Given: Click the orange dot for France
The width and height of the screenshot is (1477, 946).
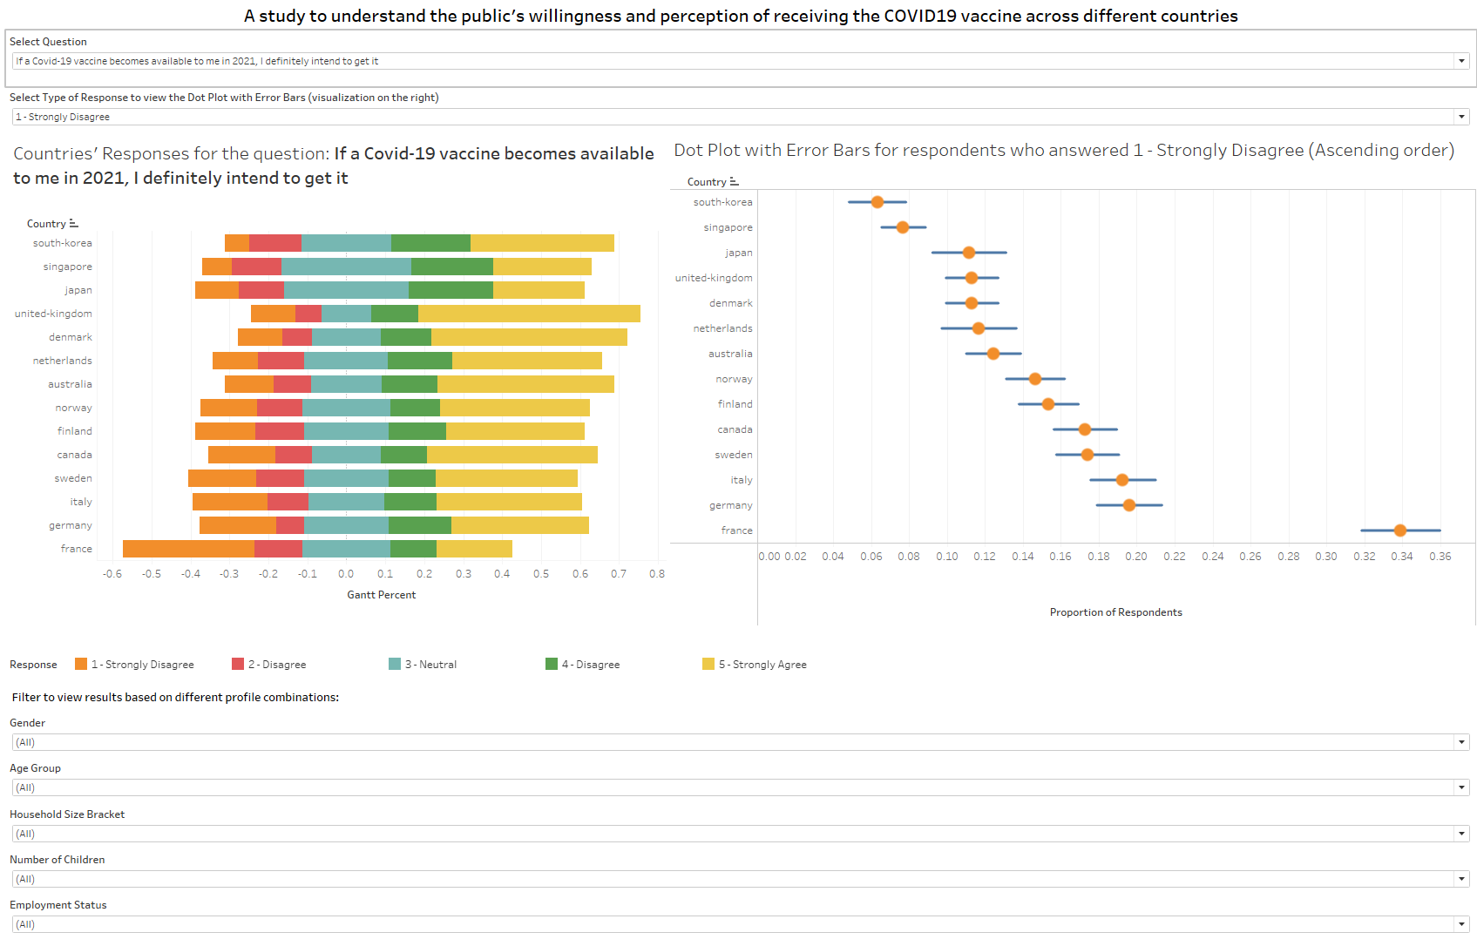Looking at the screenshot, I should tap(1399, 530).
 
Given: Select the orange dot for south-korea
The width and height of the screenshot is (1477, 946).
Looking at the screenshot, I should tap(877, 202).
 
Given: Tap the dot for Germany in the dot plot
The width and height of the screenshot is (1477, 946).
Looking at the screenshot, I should tap(1129, 505).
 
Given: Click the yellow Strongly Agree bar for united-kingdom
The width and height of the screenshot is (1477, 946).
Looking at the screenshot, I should tap(529, 314).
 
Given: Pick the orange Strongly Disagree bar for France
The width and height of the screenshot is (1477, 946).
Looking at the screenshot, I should tap(188, 549).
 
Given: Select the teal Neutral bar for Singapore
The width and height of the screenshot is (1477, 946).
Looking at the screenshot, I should tap(346, 267).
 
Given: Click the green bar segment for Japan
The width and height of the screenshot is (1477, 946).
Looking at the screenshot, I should tap(451, 290).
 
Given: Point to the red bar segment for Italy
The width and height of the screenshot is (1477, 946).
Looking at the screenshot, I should tap(288, 502).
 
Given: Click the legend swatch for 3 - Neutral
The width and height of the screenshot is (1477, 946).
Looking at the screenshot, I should tap(395, 664).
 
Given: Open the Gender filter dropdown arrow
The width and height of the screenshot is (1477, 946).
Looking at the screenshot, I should tap(1461, 742).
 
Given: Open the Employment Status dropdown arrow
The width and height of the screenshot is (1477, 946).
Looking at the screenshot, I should tap(1461, 924).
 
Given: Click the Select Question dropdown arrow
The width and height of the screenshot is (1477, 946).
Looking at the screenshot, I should tap(1461, 61).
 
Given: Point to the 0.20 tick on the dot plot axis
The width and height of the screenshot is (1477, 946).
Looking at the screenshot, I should tap(1136, 557).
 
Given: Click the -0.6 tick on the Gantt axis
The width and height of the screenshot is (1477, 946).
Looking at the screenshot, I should tap(112, 574).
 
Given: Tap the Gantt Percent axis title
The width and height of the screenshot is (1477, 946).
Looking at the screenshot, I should tap(381, 595).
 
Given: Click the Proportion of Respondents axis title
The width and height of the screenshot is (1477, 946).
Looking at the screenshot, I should tap(1115, 612).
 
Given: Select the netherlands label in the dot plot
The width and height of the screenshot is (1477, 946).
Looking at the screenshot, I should tap(722, 328).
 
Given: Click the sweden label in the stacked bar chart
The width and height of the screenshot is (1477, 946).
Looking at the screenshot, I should tap(73, 478).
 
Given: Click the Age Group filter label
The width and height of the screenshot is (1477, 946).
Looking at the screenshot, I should tap(36, 768).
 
